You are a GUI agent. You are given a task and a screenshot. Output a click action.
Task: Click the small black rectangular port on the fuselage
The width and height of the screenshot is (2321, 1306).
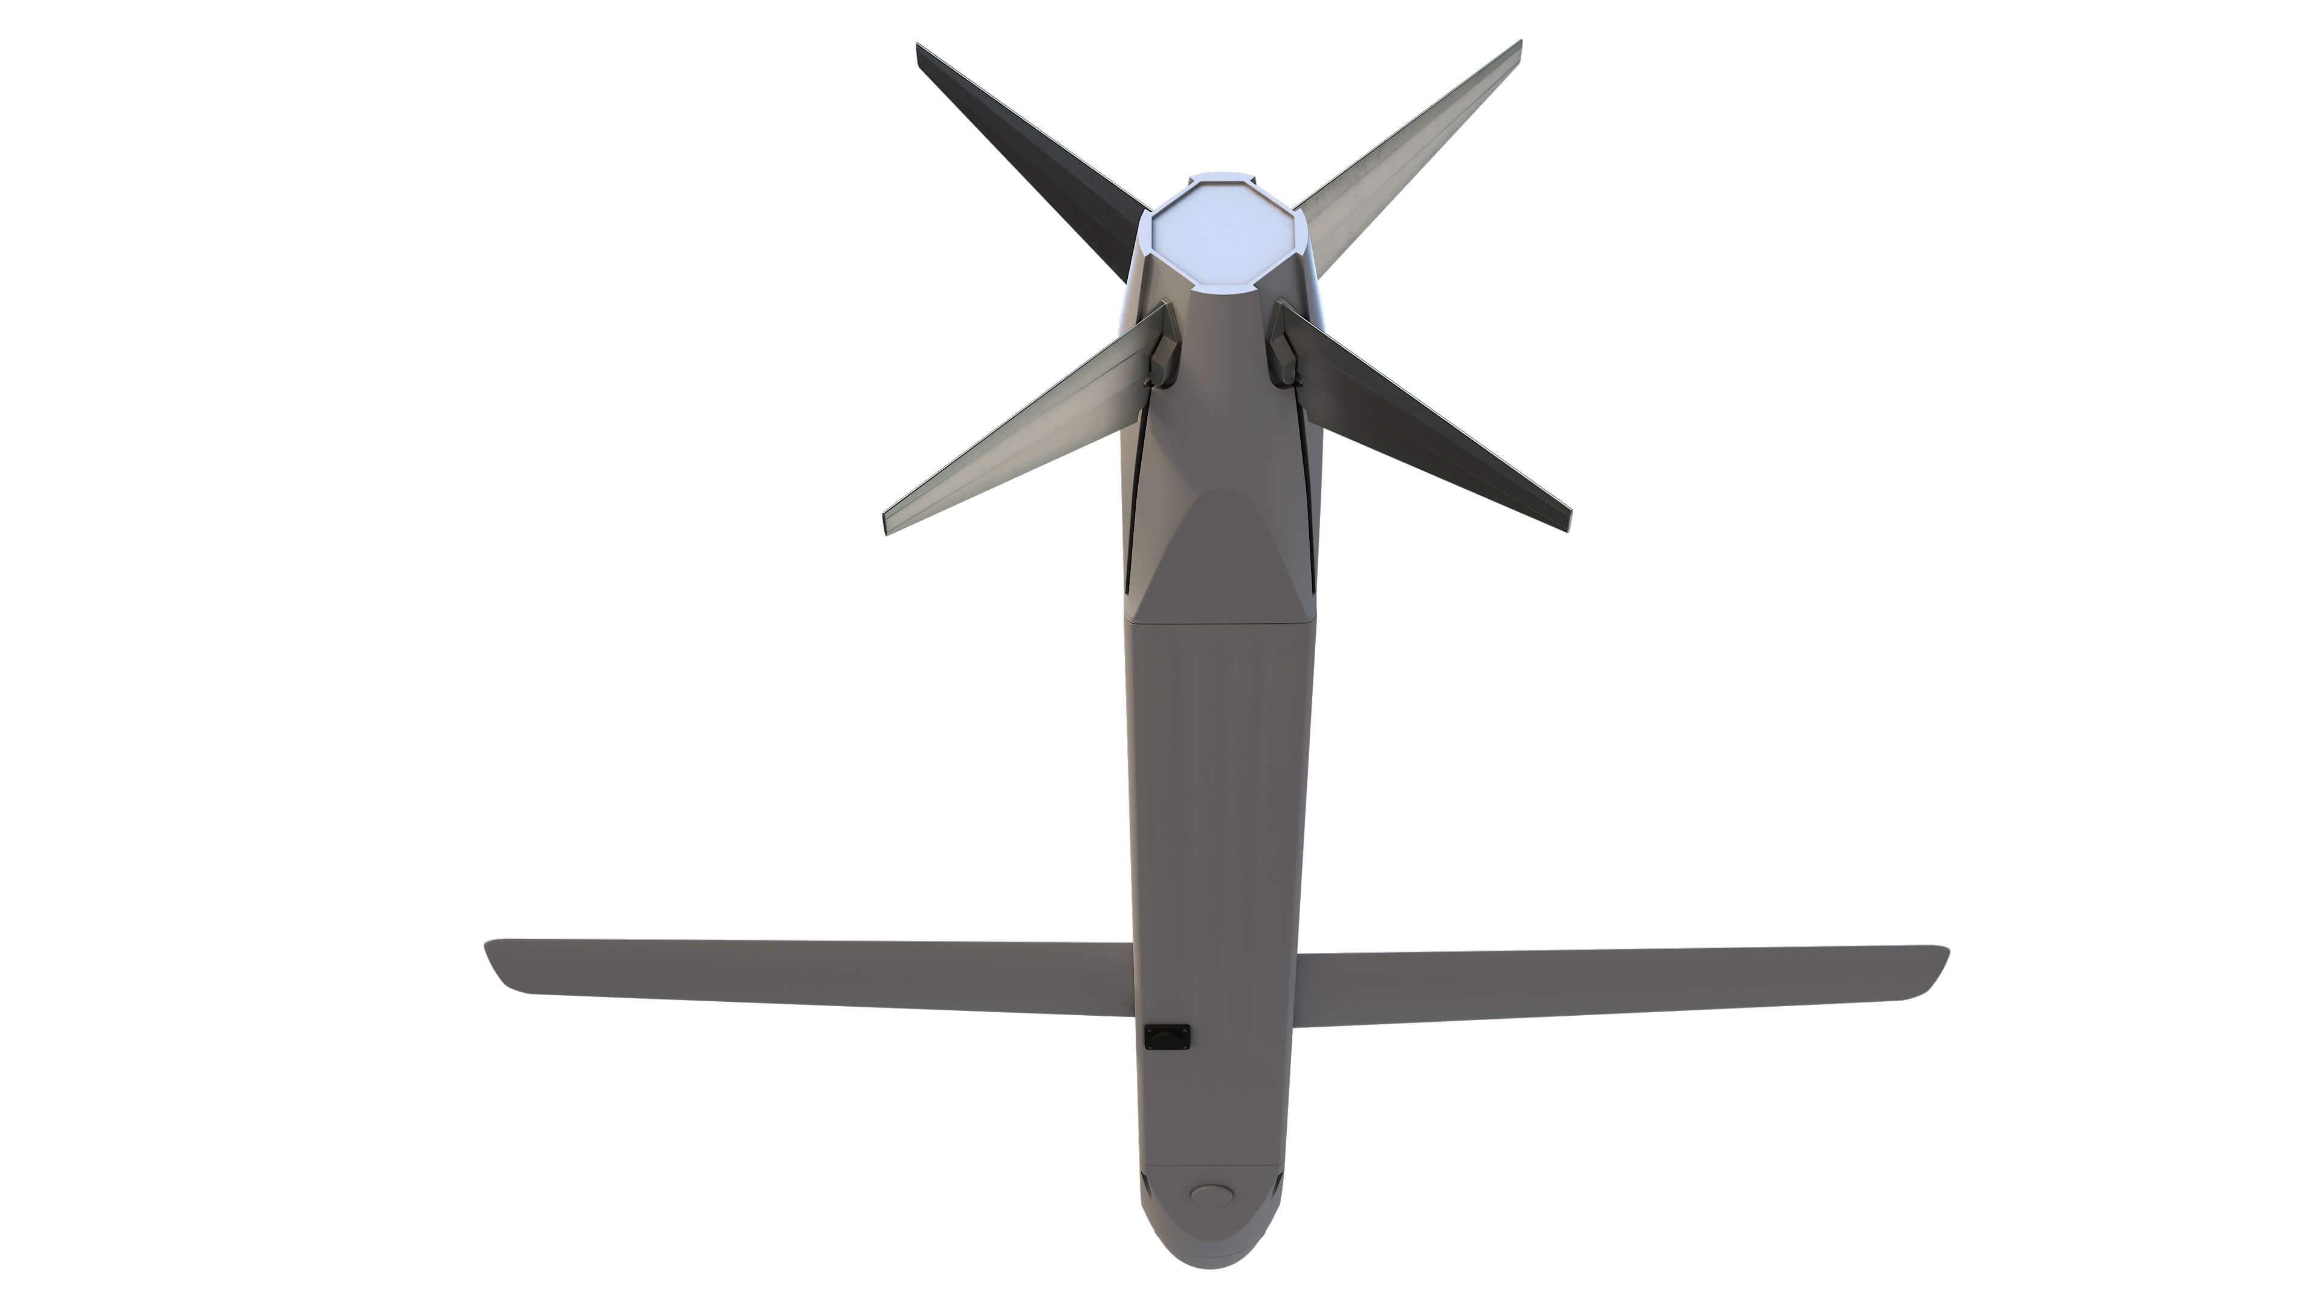(x=1167, y=1038)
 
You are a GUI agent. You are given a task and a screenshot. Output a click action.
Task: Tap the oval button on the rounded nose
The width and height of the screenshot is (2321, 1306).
(x=1211, y=1195)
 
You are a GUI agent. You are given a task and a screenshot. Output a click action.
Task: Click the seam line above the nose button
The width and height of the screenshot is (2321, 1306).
(x=1211, y=1166)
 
